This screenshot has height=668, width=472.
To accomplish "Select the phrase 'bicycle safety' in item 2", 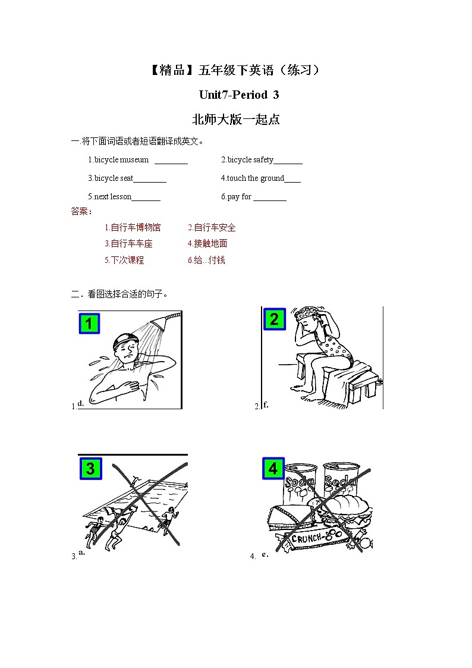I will click(x=250, y=160).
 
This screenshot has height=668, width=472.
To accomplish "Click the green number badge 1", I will click(x=89, y=324).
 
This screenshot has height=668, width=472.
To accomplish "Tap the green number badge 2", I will click(x=274, y=319).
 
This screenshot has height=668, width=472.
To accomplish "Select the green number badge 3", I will click(x=90, y=469).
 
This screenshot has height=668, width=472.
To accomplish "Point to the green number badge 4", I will click(x=273, y=469).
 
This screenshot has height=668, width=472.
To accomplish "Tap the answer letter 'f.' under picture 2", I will click(x=266, y=404).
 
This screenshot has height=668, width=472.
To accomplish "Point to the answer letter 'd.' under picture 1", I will click(x=80, y=403).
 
